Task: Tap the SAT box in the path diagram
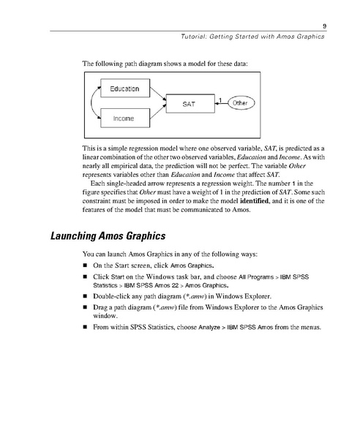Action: click(188, 104)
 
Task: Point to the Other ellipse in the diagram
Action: click(240, 104)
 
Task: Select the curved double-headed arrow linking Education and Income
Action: click(93, 103)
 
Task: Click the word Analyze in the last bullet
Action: click(191, 328)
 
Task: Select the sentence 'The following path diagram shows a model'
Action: click(165, 64)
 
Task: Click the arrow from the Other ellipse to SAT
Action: click(220, 104)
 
